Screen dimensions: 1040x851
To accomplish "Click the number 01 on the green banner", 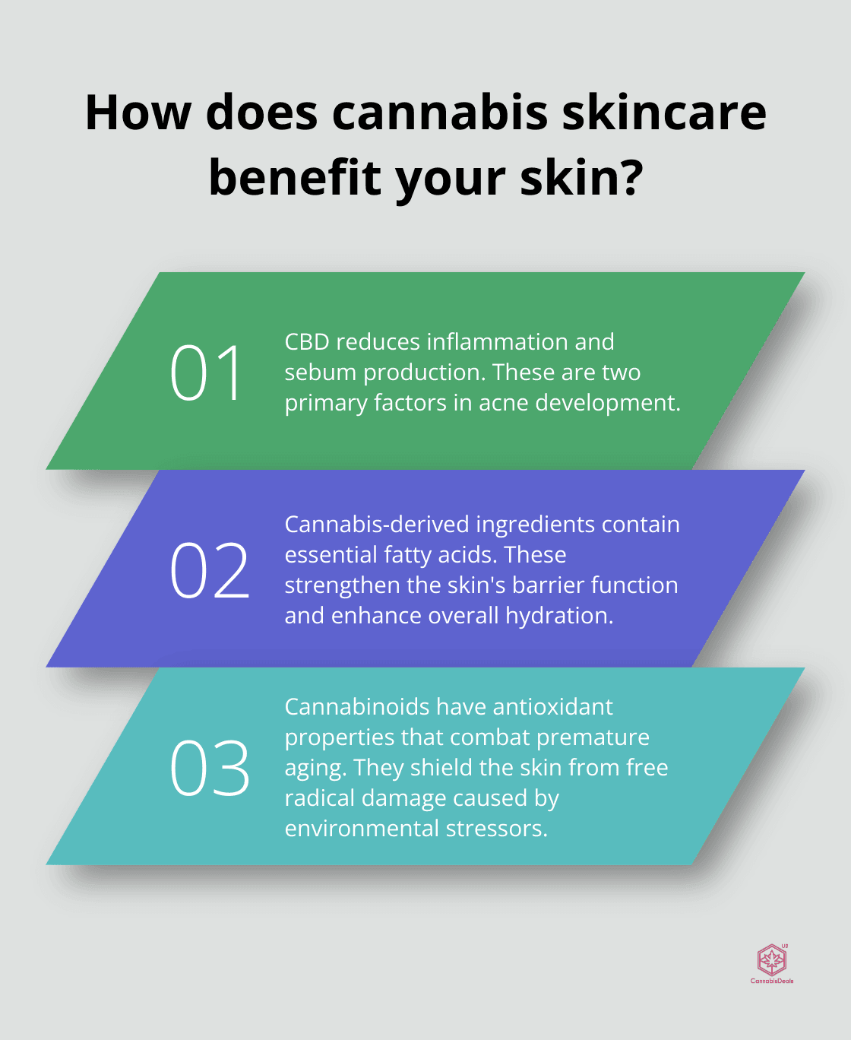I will pos(206,373).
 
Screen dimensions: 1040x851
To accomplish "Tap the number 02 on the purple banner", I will pos(209,571).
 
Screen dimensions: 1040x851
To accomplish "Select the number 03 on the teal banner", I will pos(209,769).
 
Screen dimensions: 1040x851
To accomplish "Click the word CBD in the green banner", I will pos(307,342).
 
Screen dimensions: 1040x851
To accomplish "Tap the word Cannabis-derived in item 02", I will pos(377,525).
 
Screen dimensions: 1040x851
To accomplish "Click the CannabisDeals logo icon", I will pos(772,960).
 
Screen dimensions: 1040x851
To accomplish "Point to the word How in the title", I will pos(138,113).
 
